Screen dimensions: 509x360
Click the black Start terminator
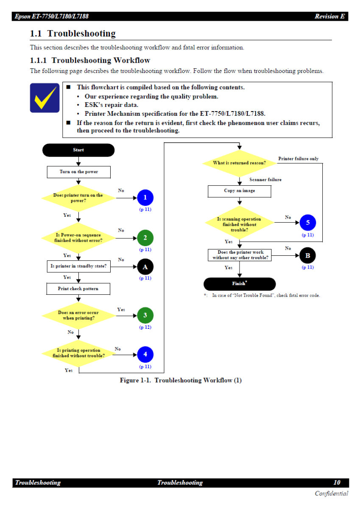coord(78,150)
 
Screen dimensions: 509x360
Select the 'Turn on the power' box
coord(78,172)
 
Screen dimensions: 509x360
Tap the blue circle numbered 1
coord(145,198)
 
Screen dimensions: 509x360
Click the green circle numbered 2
coord(145,238)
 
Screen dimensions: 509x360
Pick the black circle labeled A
coord(145,267)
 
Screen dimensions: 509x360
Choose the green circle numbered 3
coord(145,316)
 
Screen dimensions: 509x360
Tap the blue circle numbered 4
coord(145,355)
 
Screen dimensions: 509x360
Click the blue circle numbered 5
coord(307,223)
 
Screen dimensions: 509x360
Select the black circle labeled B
coord(307,255)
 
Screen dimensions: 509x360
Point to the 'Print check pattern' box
coord(78,289)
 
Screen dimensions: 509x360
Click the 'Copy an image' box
coord(240,191)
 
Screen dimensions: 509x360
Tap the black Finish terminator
coord(240,284)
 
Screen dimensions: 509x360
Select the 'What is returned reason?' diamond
coord(240,163)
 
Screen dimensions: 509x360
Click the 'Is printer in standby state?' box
coord(78,266)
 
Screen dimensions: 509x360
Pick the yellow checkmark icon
coord(45,98)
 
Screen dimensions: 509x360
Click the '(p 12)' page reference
coord(145,327)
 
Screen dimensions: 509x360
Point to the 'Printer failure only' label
coord(298,159)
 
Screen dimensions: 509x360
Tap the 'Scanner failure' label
coord(265,180)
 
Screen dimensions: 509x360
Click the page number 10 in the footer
coord(337,483)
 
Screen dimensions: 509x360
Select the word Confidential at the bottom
coord(331,493)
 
